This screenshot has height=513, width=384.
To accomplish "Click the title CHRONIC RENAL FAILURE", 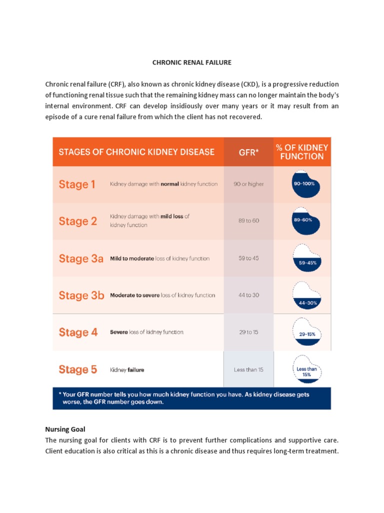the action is [191, 63].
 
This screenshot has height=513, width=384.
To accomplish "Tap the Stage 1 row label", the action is [76, 184].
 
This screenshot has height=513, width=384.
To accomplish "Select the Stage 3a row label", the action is [81, 259].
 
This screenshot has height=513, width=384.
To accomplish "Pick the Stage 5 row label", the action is [77, 369].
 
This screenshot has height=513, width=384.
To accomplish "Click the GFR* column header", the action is [248, 152].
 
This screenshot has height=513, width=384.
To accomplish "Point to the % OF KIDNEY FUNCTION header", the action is [302, 152].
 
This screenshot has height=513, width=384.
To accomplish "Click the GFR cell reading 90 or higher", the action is [248, 184].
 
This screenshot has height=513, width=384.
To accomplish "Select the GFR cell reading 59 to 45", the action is [248, 258].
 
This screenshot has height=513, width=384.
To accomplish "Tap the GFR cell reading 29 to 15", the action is [248, 332].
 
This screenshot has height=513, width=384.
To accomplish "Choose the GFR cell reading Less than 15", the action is [248, 370].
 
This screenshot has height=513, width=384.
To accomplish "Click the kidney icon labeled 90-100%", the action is [305, 184].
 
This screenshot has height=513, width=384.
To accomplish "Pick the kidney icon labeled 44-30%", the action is [306, 296].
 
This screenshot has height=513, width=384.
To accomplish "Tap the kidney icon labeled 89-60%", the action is [305, 221].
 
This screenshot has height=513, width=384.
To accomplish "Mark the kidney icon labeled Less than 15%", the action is [307, 369].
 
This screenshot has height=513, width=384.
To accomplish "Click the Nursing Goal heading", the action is [65, 429].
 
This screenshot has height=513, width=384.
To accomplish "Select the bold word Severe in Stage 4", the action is [119, 332].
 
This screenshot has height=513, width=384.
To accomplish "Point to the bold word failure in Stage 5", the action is [136, 370].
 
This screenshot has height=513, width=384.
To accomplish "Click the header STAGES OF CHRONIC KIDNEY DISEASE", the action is [136, 152].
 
